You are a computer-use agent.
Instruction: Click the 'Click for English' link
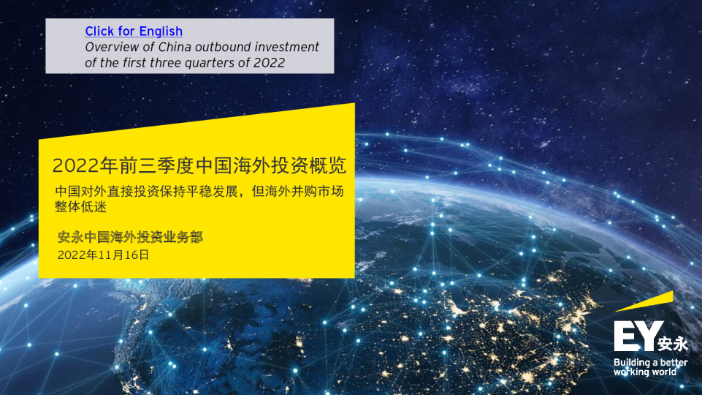pyautogui.click(x=134, y=31)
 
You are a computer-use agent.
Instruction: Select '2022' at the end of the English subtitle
pyautogui.click(x=269, y=62)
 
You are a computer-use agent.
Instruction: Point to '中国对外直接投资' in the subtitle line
pyautogui.click(x=102, y=192)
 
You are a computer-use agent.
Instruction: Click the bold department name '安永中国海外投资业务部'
pyautogui.click(x=130, y=238)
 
